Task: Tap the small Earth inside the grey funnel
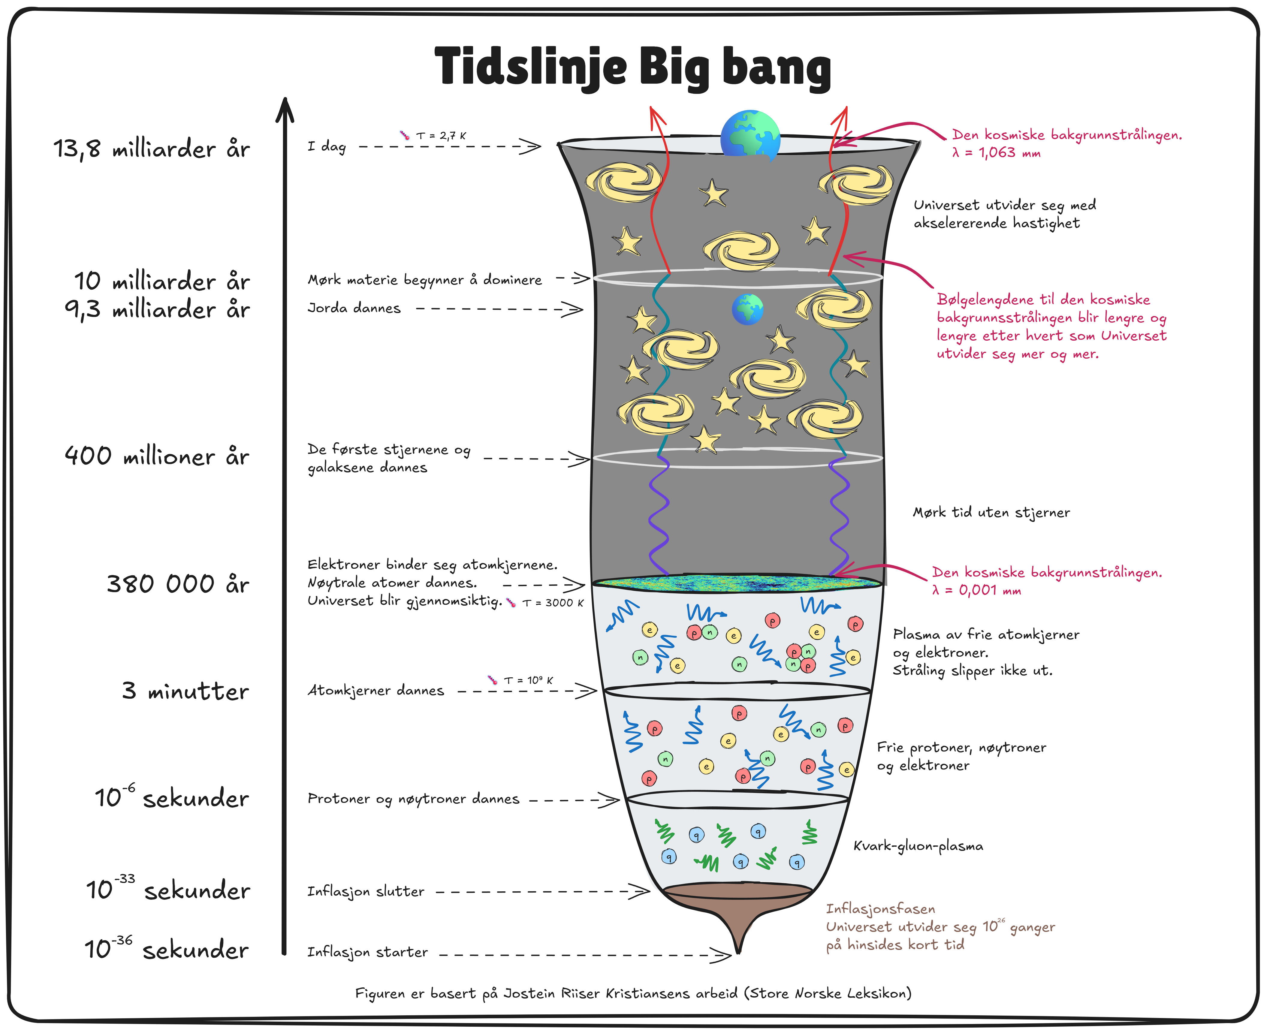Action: point(747,309)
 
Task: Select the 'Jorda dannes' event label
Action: point(354,308)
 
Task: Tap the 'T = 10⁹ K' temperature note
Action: point(528,681)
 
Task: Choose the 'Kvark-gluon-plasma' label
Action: point(918,846)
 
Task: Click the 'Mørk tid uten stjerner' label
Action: point(991,513)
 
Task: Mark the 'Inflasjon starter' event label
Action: point(367,952)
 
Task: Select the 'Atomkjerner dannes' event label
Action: point(376,691)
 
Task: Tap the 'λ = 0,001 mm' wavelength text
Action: point(976,590)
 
